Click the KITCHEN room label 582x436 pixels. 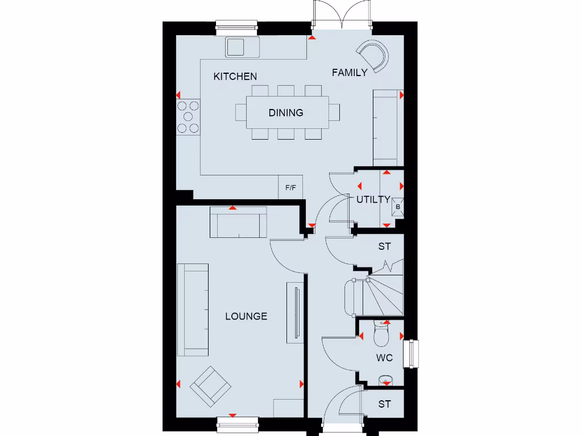[235, 76]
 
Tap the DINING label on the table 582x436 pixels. [286, 112]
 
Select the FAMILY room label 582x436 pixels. [350, 72]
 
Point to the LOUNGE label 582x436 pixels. [246, 316]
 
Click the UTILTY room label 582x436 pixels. [373, 199]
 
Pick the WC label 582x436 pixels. [385, 358]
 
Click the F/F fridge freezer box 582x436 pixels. [290, 187]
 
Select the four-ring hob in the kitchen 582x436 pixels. [189, 117]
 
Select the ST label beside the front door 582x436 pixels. [385, 404]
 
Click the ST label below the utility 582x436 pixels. [385, 247]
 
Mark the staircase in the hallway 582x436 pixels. [378, 295]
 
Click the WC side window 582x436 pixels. [411, 354]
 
